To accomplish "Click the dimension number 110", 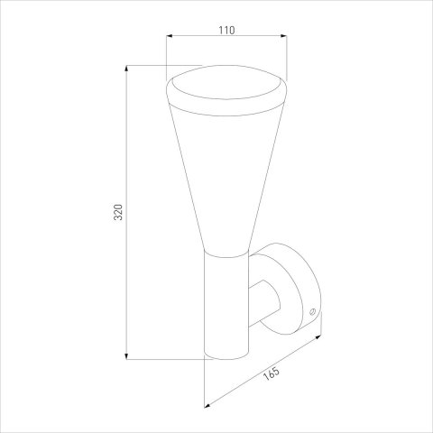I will point(226,31).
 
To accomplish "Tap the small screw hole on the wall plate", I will point(312,312).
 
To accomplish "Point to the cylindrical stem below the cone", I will point(226,307).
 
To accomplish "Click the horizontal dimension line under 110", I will point(226,38).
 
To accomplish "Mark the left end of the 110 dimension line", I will point(168,38).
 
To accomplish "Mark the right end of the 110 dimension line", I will point(286,38).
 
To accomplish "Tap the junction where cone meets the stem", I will point(226,253).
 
